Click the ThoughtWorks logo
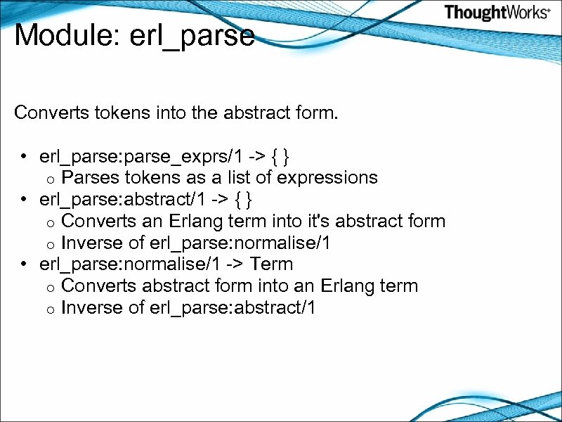coord(496,13)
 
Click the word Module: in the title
coord(67,35)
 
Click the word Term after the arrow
coord(272,264)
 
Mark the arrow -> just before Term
coord(237,265)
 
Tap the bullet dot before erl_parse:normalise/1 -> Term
coord(24,264)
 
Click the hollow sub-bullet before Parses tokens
coord(51,179)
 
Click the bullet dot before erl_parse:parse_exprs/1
coord(24,155)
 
